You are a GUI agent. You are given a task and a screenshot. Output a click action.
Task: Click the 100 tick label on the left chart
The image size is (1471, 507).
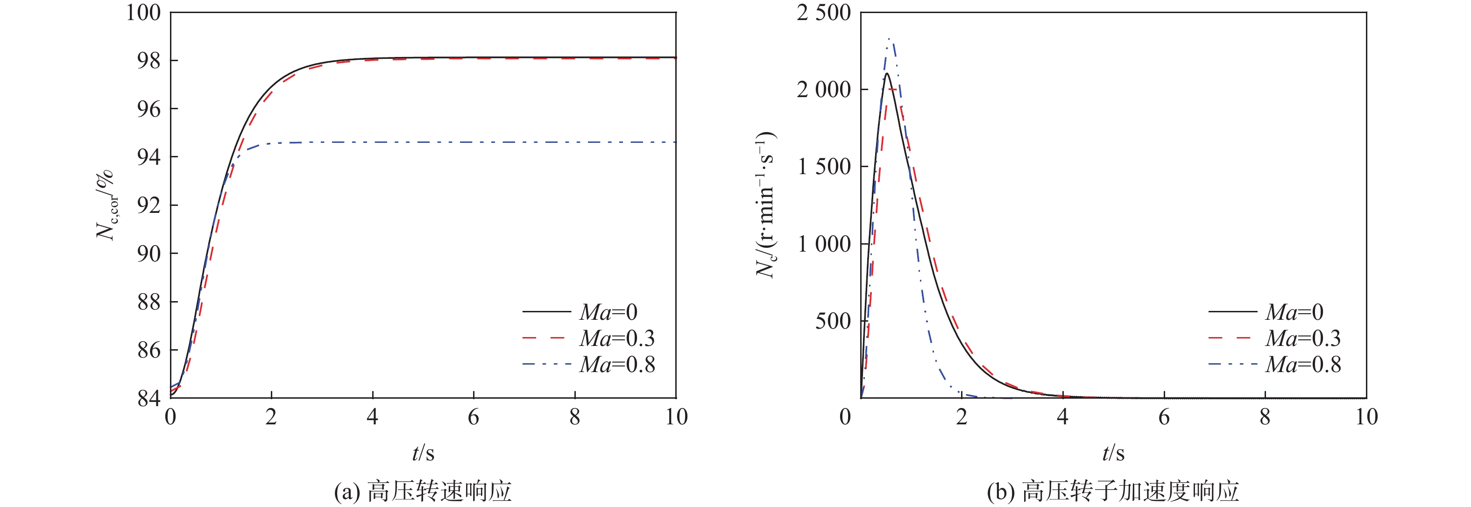click(143, 12)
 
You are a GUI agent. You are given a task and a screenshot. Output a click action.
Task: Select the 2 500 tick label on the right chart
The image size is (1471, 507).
click(823, 12)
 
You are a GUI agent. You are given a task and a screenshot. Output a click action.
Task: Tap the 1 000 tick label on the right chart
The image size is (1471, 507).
click(823, 244)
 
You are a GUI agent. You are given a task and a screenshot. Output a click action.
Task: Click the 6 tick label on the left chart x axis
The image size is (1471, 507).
click(474, 417)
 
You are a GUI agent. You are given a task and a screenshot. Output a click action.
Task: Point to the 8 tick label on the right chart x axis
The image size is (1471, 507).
click(1265, 417)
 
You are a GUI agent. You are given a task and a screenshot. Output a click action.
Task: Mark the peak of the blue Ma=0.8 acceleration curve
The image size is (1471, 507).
click(890, 39)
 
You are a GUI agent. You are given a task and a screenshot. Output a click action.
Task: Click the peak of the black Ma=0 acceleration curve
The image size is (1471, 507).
click(886, 74)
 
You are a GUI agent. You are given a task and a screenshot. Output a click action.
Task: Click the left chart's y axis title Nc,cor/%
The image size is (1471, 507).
click(106, 205)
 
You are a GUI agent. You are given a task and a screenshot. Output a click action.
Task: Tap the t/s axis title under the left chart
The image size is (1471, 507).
click(423, 453)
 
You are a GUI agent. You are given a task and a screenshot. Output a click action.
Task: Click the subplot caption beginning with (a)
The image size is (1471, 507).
click(423, 491)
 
